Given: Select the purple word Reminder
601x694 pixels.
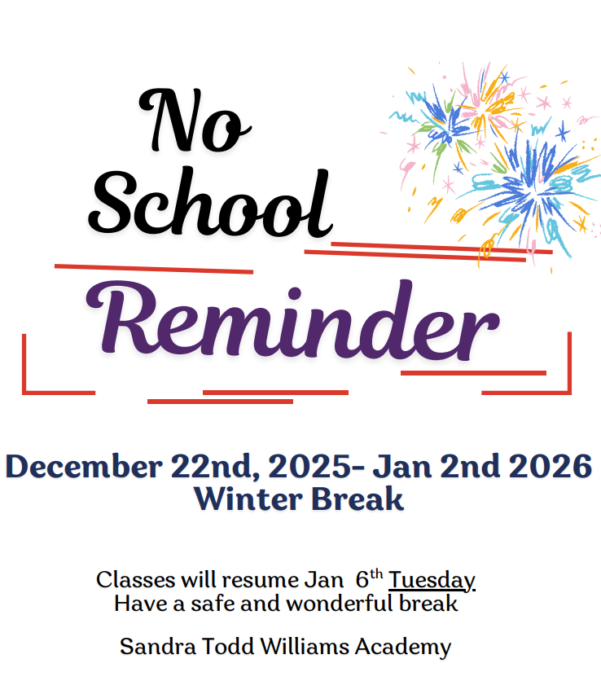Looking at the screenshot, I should coord(292,323).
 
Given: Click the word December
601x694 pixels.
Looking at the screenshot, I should coord(84,467).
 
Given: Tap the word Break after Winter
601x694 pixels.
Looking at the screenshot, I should coord(358,499).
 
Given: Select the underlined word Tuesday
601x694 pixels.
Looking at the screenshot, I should coord(432,580).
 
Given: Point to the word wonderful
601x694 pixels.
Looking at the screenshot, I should coord(353,604).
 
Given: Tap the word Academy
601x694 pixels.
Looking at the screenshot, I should coord(405,648).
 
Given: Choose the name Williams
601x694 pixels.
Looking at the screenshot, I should coord(302,647).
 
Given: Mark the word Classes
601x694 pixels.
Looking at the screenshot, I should coord(131,580).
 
